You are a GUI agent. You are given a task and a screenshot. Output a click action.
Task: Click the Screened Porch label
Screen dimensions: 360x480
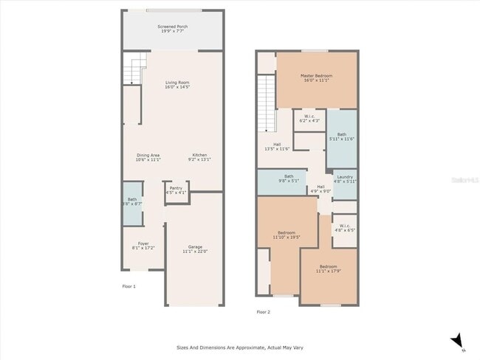click(x=172, y=30)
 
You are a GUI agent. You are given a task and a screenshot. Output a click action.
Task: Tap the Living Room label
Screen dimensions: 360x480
click(x=177, y=85)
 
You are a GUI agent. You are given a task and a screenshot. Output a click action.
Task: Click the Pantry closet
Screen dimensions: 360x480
click(x=176, y=190)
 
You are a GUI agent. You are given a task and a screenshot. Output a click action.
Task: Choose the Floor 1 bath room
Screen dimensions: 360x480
click(x=132, y=201)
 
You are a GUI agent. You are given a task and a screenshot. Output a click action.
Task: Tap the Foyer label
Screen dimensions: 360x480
click(x=140, y=246)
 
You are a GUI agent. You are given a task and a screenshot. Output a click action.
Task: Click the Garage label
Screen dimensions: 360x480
click(x=195, y=249)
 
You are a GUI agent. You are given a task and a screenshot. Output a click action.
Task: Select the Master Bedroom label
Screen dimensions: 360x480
click(x=316, y=78)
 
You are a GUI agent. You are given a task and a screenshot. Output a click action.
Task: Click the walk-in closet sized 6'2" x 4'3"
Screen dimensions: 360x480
click(x=309, y=118)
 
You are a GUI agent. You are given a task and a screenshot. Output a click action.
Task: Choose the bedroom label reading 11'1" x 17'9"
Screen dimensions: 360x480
click(x=329, y=269)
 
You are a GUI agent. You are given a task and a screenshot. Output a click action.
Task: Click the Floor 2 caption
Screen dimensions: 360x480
click(x=264, y=312)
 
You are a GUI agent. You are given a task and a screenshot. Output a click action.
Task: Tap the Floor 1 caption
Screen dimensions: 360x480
click(x=128, y=285)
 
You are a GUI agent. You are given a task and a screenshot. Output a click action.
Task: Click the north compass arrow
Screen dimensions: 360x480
click(x=458, y=339)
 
